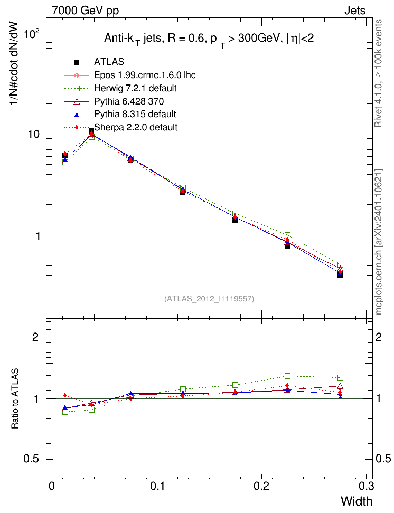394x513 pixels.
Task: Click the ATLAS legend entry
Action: pos(109,62)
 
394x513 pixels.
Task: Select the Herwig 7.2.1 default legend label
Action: pos(135,88)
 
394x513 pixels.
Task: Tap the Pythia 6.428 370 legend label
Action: pos(129,101)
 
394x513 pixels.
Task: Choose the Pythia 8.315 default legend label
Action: pos(135,114)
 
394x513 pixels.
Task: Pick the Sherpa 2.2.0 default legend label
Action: pos(136,127)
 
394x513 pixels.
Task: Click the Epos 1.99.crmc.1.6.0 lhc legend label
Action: pos(145,75)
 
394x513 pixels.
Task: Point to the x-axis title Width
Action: pos(357,501)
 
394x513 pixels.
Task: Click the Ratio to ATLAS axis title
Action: pos(15,399)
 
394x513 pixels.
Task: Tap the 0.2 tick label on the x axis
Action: pos(261,486)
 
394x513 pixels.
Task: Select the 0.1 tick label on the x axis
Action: pos(157,486)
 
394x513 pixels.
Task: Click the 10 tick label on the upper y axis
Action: pos(34,135)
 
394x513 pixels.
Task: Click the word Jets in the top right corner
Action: pos(355,11)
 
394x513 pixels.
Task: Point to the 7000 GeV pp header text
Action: pos(85,11)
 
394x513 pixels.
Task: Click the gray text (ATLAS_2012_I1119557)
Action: pos(209,299)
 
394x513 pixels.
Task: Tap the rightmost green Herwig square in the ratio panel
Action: pos(340,377)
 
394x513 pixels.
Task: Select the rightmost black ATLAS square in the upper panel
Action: pos(340,275)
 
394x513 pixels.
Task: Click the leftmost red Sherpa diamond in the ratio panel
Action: pos(65,395)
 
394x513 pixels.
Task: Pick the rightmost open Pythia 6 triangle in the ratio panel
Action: pos(340,386)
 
